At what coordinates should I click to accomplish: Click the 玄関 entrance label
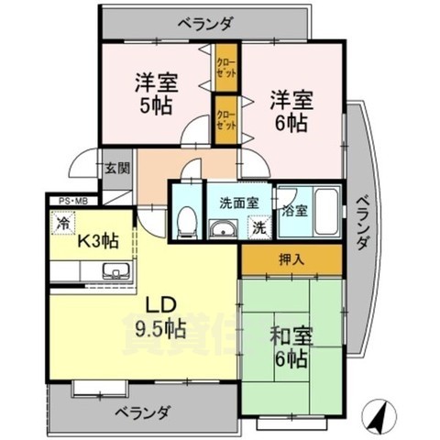[117, 168]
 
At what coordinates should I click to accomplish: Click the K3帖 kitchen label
[96, 242]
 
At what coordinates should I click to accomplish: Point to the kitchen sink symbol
[114, 271]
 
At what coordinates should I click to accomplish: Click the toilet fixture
[185, 220]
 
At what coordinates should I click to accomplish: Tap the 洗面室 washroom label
[237, 203]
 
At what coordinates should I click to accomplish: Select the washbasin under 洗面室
[222, 229]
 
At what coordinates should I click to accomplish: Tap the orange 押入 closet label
[291, 259]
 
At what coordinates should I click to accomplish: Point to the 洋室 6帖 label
[290, 108]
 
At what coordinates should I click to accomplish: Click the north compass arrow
[375, 417]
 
